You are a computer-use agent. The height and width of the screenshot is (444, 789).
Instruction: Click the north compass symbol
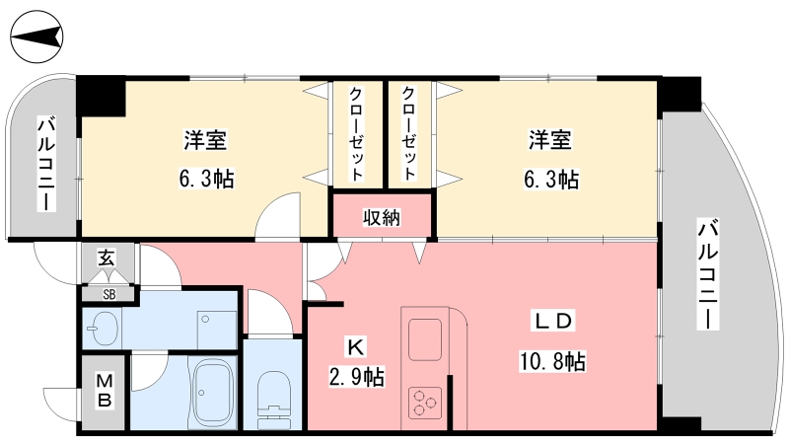[36, 37]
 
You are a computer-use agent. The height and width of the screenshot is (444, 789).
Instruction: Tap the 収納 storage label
[382, 218]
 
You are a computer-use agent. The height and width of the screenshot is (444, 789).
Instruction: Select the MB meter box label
[105, 391]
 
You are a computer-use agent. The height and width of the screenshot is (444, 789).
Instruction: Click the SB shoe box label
[109, 294]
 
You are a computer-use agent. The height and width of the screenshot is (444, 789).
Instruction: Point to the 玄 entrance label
[107, 258]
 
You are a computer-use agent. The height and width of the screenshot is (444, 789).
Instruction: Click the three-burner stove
[425, 403]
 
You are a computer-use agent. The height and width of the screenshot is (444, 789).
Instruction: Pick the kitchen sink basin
[425, 339]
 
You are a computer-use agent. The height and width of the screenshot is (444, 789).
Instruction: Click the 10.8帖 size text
[552, 361]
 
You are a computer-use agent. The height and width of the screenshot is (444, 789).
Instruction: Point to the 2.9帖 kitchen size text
[357, 377]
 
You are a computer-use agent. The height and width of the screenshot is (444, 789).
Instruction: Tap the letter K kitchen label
[356, 347]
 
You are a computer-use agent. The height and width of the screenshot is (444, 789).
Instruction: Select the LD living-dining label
[553, 321]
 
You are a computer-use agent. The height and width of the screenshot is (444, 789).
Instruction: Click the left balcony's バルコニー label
[45, 164]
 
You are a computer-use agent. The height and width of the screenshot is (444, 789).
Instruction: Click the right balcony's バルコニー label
[707, 274]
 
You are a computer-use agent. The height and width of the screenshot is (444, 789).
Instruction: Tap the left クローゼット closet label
[356, 134]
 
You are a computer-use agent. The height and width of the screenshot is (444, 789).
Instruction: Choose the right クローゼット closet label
[408, 133]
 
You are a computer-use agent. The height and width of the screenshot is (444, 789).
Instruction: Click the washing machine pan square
[217, 330]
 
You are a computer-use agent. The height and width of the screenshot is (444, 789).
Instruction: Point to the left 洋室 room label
[205, 139]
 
